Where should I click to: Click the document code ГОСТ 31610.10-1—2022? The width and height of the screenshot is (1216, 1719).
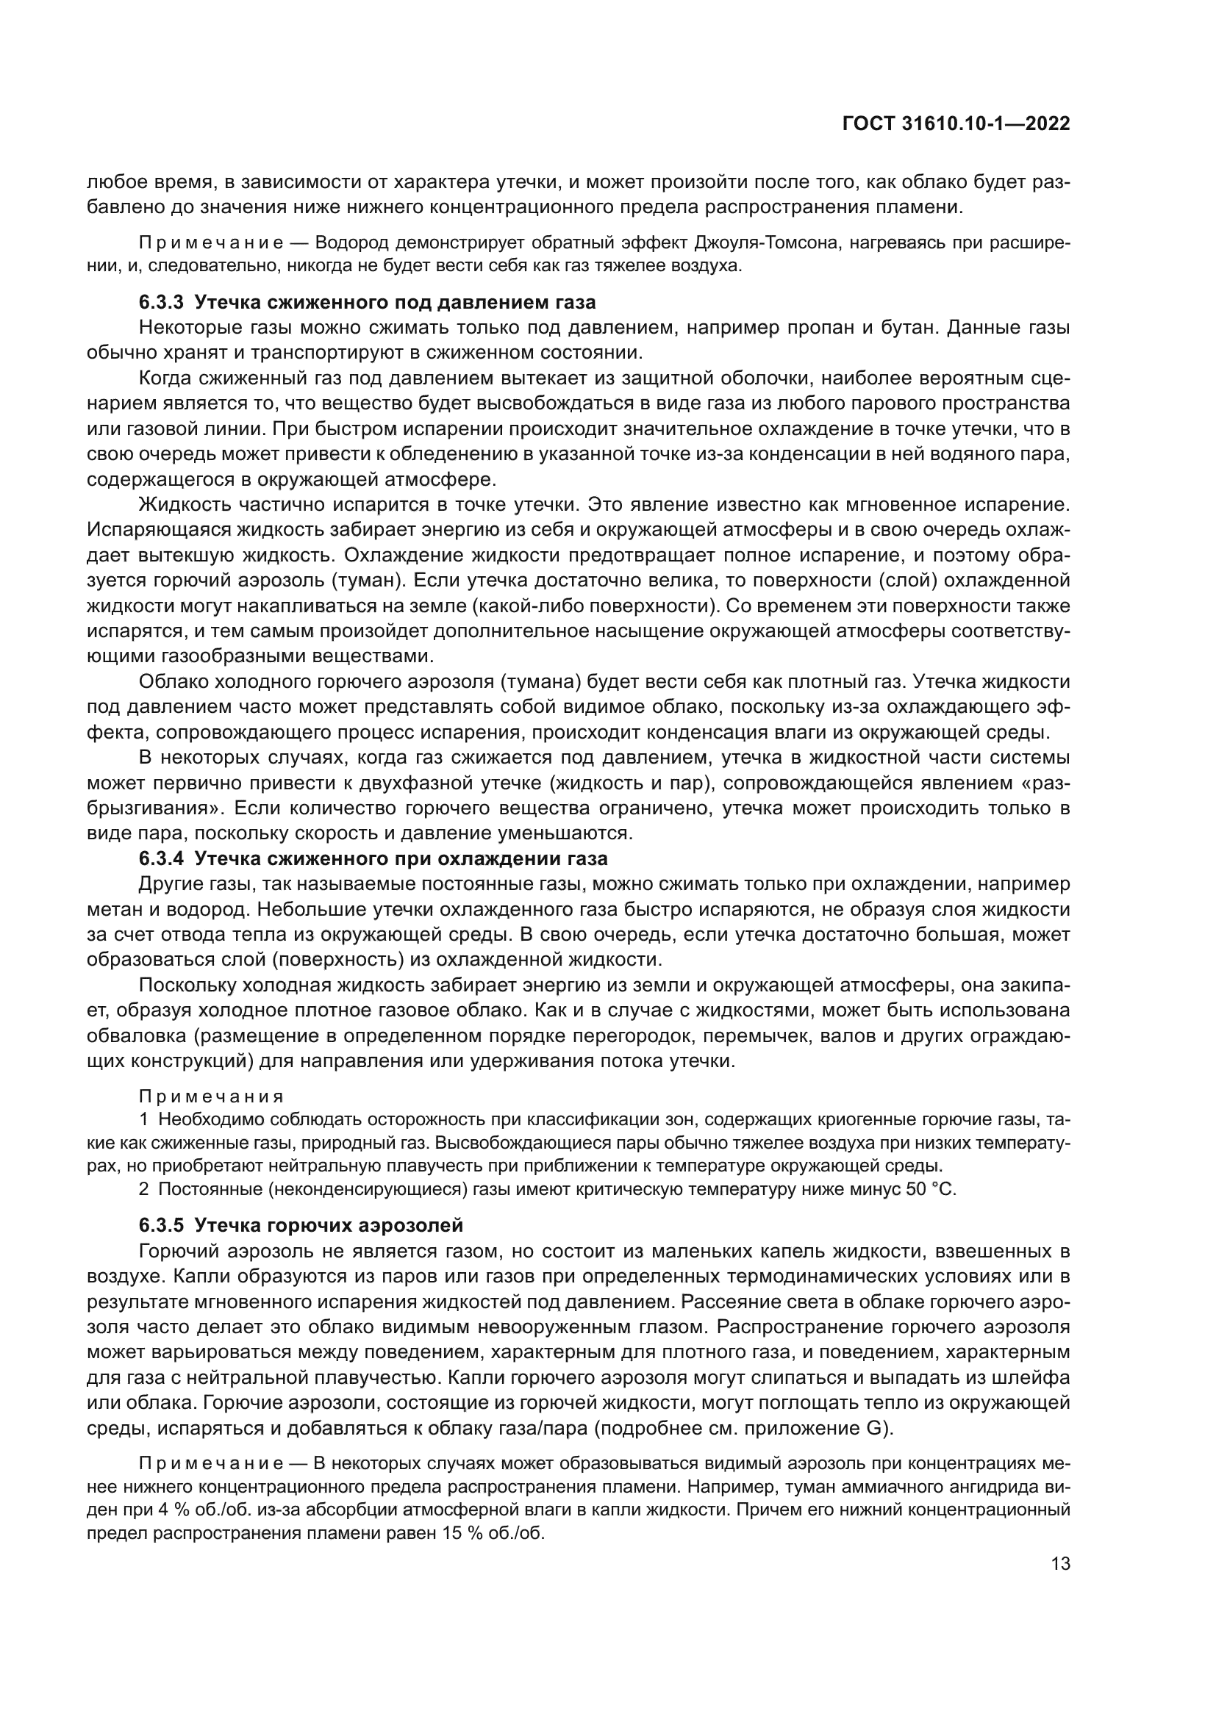click(x=956, y=124)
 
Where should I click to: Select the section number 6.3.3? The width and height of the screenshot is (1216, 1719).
click(x=161, y=303)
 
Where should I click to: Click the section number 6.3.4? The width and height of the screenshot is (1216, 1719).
click(x=161, y=858)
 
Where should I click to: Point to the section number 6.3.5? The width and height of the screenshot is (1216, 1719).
click(x=161, y=1226)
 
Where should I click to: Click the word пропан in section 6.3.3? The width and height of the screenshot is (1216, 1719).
click(x=820, y=328)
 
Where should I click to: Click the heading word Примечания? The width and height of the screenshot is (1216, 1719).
click(x=211, y=1097)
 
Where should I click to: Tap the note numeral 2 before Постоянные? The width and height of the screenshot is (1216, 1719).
click(x=144, y=1189)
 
